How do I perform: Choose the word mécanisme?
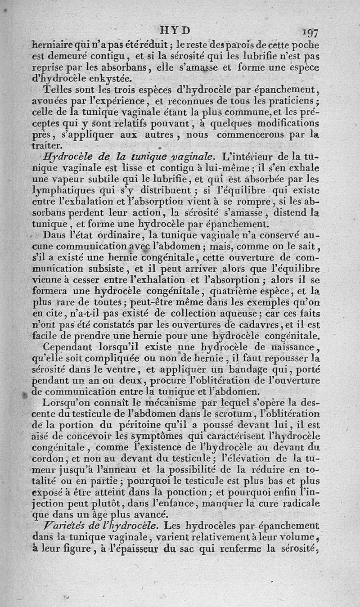click(x=167, y=402)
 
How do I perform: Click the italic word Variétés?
click(x=61, y=525)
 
